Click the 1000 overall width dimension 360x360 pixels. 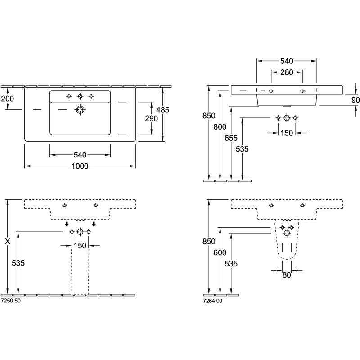click(80, 166)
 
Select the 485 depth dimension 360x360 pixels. click(163, 110)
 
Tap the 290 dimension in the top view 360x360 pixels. click(151, 118)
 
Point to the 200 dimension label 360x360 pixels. click(7, 99)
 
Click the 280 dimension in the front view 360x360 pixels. click(287, 72)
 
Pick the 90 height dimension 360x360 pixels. click(355, 100)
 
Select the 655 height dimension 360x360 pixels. click(231, 138)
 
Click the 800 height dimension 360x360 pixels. click(220, 127)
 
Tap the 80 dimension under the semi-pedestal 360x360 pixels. click(287, 275)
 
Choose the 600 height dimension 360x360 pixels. click(220, 252)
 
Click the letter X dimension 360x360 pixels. click(8, 241)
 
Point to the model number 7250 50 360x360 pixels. click(11, 301)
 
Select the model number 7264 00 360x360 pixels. click(212, 301)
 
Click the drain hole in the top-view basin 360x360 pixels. click(80, 110)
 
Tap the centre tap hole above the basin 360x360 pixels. click(80, 96)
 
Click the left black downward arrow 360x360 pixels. click(67, 224)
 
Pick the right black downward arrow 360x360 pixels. click(94, 224)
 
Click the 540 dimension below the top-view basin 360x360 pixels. click(80, 155)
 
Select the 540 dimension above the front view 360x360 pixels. click(287, 61)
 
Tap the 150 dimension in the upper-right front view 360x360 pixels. click(287, 133)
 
